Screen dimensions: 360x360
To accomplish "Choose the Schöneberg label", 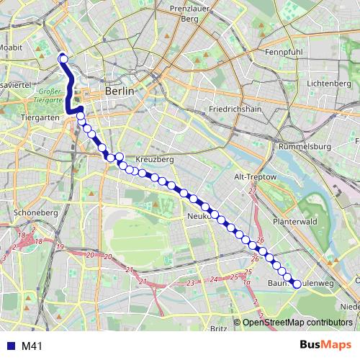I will pyautogui.click(x=30, y=213).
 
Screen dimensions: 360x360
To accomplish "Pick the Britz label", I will pyautogui.click(x=219, y=328).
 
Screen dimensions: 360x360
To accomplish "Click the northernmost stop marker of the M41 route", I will pyautogui.click(x=63, y=59).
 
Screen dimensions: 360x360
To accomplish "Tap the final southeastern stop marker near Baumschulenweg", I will pyautogui.click(x=297, y=284).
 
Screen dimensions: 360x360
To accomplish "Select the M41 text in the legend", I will pyautogui.click(x=31, y=346).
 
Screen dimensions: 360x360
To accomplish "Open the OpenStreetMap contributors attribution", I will pyautogui.click(x=300, y=323).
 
